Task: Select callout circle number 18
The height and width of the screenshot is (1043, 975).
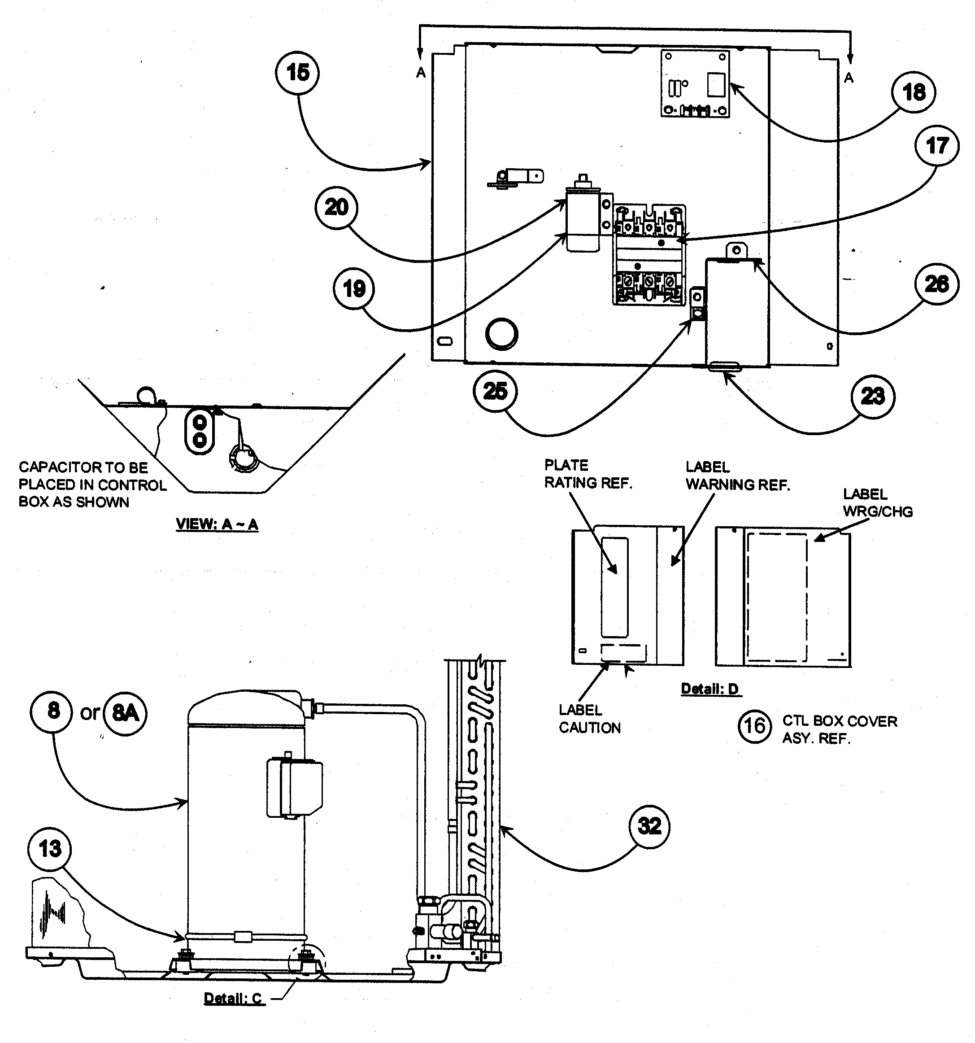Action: [x=913, y=92]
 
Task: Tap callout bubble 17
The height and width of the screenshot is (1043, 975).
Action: [x=937, y=145]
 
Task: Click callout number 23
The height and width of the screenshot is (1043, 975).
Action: [x=872, y=396]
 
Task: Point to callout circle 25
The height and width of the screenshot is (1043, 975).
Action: [x=495, y=391]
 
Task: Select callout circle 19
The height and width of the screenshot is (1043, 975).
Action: [x=354, y=288]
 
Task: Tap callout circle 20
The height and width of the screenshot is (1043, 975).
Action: [x=336, y=207]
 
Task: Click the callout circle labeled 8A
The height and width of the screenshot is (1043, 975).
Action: [x=125, y=712]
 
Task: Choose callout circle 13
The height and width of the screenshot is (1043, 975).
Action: [x=50, y=849]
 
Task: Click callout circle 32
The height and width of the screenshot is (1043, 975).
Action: [x=649, y=826]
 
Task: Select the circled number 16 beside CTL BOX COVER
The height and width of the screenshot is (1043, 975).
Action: [x=755, y=726]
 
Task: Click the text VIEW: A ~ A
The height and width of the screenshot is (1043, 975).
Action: [x=217, y=524]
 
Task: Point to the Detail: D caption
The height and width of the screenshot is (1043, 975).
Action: [x=709, y=689]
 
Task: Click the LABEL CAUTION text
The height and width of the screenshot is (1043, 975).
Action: [x=589, y=719]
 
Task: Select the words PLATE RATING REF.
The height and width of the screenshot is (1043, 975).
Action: [x=588, y=474]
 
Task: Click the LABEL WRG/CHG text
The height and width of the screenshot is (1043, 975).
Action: [x=877, y=502]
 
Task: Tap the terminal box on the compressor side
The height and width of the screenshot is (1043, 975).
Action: [x=294, y=786]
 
